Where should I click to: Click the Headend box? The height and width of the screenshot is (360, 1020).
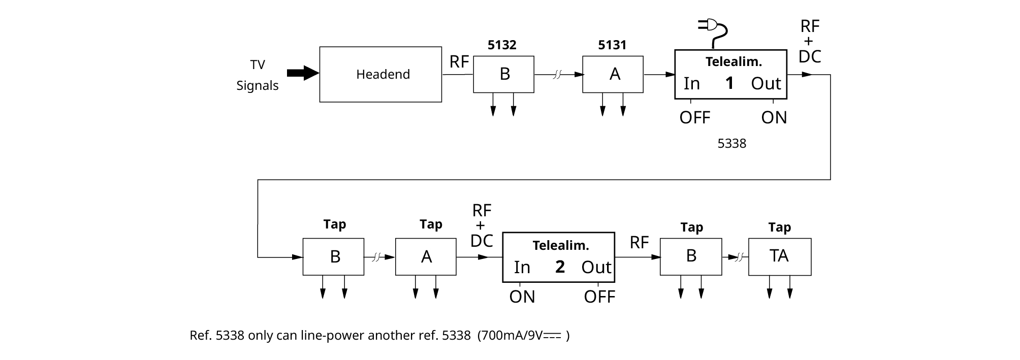click(380, 75)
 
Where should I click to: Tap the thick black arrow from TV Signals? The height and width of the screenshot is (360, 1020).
click(303, 73)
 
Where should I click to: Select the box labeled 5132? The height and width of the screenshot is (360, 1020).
click(503, 74)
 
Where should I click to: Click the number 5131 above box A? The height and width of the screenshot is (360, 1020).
click(612, 45)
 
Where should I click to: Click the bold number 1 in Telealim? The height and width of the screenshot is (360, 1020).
click(729, 83)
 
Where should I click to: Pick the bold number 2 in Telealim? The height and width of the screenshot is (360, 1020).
click(560, 267)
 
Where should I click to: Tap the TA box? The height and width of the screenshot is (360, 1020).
click(779, 257)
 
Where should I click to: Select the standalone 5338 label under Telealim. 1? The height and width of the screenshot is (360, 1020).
click(731, 144)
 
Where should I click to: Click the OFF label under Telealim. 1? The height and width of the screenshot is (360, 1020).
click(694, 118)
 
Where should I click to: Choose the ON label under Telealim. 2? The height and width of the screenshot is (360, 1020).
click(522, 297)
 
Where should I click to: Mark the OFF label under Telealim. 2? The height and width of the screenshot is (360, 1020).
click(599, 297)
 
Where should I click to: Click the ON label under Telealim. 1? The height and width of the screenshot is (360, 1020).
click(774, 118)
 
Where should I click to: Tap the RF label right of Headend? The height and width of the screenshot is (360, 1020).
click(459, 62)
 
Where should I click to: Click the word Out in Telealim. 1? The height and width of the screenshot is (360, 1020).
click(766, 84)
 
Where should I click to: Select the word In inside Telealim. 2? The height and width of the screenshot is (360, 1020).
click(522, 268)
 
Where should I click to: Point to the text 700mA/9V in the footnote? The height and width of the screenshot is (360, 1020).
click(513, 336)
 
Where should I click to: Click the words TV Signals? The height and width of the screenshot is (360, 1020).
click(258, 75)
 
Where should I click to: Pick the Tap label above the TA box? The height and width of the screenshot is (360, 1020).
click(779, 227)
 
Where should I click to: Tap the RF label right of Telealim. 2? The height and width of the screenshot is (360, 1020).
click(639, 243)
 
